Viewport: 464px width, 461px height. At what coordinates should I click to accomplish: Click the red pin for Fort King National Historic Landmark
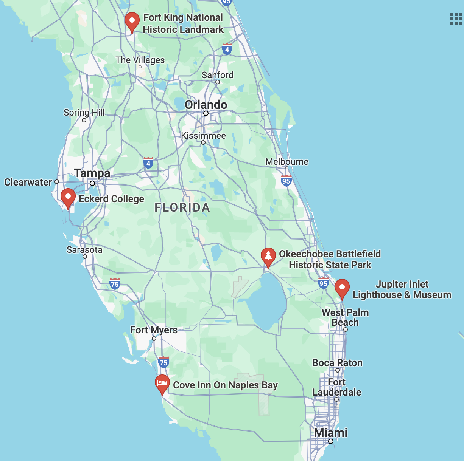[x=132, y=21]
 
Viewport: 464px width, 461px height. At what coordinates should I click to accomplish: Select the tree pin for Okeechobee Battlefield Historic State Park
[x=268, y=257]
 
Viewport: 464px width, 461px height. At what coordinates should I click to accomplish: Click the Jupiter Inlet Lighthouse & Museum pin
[x=342, y=288]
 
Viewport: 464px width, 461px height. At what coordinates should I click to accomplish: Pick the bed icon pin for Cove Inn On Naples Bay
[x=162, y=383]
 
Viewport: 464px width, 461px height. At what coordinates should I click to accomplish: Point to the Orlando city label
[x=206, y=105]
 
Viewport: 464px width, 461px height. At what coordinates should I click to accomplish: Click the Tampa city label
[x=92, y=173]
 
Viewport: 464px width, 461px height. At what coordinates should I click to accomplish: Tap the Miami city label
[x=330, y=433]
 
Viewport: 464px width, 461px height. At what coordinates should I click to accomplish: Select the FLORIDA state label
[x=182, y=207]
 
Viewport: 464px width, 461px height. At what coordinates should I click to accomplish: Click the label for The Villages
[x=140, y=60]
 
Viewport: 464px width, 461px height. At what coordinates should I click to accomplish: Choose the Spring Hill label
[x=84, y=113]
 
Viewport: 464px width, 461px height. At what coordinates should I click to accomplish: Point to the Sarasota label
[x=84, y=250]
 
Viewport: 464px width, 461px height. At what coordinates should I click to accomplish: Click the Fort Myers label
[x=154, y=330]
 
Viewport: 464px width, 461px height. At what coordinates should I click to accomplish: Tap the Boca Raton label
[x=337, y=363]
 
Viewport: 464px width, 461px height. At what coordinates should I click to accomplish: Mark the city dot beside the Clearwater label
[x=57, y=182]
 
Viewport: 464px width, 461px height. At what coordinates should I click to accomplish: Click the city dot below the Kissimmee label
[x=203, y=142]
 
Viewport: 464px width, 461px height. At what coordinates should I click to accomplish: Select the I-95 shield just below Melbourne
[x=286, y=181]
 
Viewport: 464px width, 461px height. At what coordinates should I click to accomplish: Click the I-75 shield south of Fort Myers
[x=163, y=362]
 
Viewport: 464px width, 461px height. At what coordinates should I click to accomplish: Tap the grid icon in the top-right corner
[x=456, y=19]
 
